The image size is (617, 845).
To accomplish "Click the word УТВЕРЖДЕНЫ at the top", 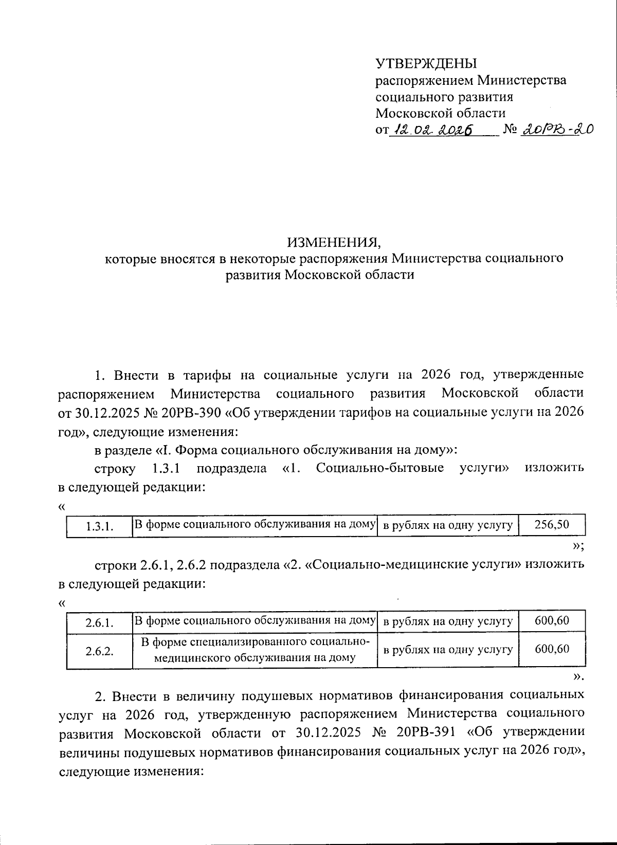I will pos(426,64).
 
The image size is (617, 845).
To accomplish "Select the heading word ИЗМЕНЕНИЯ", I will pos(334,242).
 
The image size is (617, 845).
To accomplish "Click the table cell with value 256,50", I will pos(552,525).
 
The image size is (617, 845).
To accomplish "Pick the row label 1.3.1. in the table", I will pos(99,526).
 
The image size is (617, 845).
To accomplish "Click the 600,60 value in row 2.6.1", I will pos(552,620).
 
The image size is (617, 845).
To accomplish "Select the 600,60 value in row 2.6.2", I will pos(552,649).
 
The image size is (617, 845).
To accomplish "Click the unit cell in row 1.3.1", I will pos(448,525).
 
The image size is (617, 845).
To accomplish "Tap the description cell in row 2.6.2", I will pos(255,650).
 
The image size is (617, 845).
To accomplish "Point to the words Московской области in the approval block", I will pos(440,113).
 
